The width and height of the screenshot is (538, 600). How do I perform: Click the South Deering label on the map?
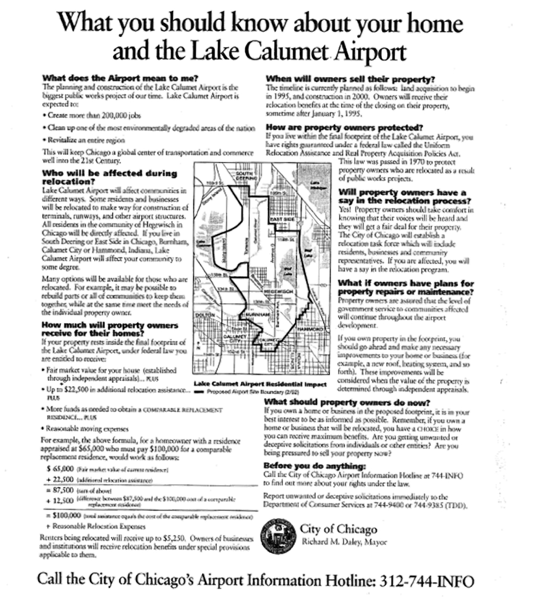coord(242,177)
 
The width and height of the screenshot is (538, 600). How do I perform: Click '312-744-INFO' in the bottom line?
coord(426,581)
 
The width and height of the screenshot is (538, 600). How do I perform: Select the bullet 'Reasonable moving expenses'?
coord(81,428)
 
